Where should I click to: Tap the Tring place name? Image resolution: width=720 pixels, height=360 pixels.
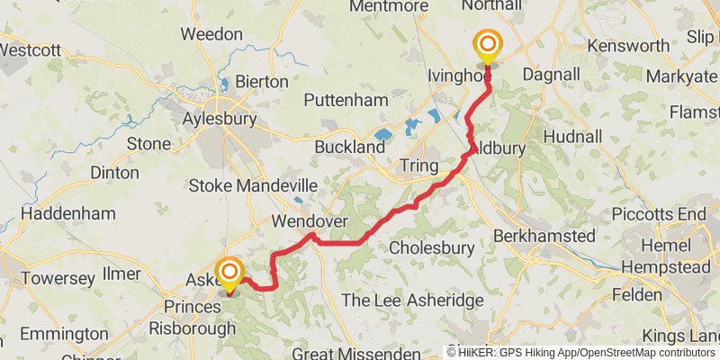419,166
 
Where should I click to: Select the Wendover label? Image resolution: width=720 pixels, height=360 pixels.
310,221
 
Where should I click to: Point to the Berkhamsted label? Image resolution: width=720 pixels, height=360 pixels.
544,236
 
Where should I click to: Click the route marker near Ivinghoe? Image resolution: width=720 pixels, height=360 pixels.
488,45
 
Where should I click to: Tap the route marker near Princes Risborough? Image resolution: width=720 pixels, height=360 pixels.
229,273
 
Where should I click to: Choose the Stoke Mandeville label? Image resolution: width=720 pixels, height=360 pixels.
253,186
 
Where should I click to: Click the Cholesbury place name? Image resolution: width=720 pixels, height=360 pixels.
431,247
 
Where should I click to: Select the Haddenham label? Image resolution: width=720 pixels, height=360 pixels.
67,213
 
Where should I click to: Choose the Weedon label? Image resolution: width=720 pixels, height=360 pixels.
211,34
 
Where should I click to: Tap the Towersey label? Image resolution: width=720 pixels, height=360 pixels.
58,278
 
